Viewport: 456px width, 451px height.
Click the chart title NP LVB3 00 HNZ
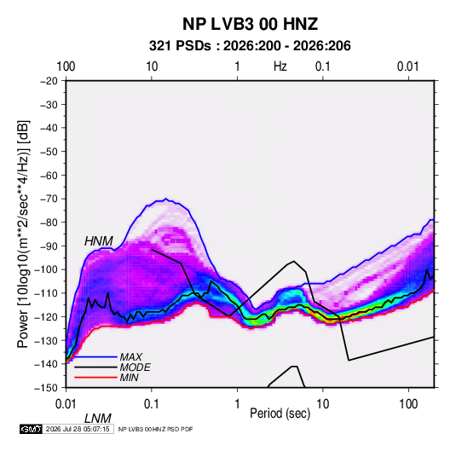click(250, 24)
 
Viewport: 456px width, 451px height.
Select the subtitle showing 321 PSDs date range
click(250, 46)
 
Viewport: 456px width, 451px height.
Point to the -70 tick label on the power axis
click(49, 199)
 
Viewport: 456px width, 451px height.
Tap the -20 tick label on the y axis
click(49, 81)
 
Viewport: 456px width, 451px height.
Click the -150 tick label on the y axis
click(47, 388)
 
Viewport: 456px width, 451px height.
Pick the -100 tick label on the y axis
click(47, 269)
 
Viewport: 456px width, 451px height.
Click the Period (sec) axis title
click(280, 413)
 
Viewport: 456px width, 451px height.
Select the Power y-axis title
click(23, 234)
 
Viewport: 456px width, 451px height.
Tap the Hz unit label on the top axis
click(280, 66)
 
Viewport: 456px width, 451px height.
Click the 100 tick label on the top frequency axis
click(66, 66)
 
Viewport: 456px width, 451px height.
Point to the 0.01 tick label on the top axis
click(408, 66)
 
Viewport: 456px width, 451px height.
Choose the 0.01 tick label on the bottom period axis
click(66, 404)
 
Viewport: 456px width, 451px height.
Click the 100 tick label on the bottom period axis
click(408, 404)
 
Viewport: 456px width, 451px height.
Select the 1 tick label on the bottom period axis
click(237, 404)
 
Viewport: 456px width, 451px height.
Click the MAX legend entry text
click(131, 356)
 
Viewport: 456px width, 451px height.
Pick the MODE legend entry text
click(135, 367)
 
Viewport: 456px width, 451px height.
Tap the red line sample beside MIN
click(95, 378)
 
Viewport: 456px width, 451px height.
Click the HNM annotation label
click(99, 241)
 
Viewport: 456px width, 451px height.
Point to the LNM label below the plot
click(98, 419)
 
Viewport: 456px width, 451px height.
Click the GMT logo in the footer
click(32, 429)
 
